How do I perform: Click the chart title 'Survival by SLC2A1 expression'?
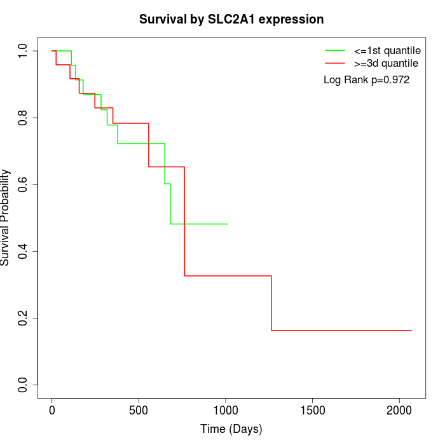click(231, 20)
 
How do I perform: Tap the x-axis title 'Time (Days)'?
click(231, 429)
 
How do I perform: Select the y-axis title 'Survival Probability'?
click(6, 217)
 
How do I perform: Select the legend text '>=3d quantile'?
click(386, 64)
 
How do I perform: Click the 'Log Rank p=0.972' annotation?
click(366, 80)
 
